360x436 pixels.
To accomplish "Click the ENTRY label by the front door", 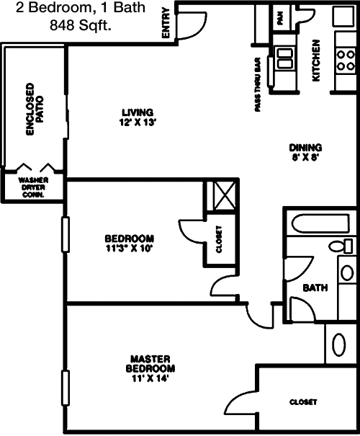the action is pos(166,23).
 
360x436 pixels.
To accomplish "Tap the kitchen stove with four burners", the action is pos(346,61).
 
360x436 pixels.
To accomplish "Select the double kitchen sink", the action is pos(285,58).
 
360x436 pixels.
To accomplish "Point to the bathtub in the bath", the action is pos(320,223).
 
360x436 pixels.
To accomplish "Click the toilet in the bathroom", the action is pos(341,246).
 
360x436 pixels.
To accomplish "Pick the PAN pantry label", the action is pos(280,18).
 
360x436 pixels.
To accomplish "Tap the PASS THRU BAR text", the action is pos(258,84).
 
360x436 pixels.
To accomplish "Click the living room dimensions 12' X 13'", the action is pos(137,123).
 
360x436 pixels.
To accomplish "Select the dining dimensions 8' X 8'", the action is pos(305,158).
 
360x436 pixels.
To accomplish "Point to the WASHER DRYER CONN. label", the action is pos(33,187).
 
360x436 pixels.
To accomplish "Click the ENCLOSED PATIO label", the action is pos(35,110).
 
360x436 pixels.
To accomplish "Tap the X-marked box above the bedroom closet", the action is pos(225,195).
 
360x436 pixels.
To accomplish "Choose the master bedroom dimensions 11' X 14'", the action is pos(150,378).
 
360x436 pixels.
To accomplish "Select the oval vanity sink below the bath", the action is pos(339,344).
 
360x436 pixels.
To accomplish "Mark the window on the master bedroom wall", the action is pos(66,388).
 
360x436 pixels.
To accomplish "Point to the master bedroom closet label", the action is pos(303,402).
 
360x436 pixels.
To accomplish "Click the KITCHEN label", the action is pos(316,61).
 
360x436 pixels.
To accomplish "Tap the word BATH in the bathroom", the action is pos(315,288).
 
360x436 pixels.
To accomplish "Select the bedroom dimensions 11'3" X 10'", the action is pos(130,249).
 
